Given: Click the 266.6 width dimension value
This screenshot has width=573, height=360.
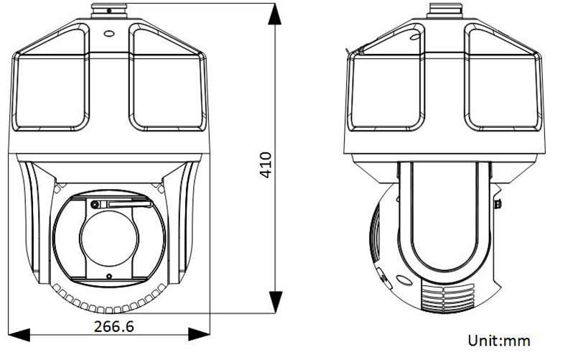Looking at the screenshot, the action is (113, 326).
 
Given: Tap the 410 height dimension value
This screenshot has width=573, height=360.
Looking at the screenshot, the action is (266, 165).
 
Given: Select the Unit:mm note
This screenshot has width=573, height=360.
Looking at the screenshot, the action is (499, 341).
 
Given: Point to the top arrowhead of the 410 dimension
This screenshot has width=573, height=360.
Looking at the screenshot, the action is (275, 14).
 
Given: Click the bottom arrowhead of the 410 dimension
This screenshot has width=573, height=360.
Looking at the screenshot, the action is (275, 303).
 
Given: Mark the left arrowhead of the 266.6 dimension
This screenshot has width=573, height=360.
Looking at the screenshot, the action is (19, 334).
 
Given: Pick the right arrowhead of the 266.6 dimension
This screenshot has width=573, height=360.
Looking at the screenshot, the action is (199, 334).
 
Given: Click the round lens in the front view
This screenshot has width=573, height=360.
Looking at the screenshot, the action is (109, 237).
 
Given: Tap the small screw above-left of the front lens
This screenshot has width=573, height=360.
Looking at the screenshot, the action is (95, 205).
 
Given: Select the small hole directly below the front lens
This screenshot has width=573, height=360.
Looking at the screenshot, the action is (108, 276).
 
